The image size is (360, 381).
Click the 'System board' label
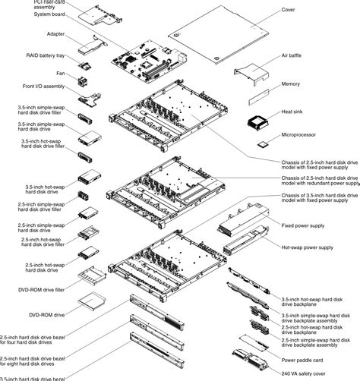(x=49, y=13)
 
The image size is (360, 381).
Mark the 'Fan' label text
(x=59, y=73)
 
